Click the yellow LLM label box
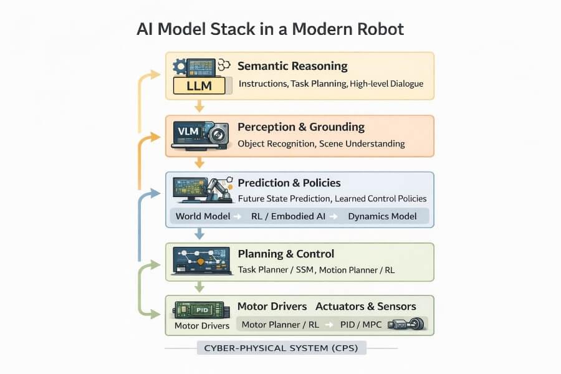(x=199, y=86)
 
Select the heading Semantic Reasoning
(x=292, y=66)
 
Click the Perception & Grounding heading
(x=301, y=127)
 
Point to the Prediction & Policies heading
(x=289, y=183)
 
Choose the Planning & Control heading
(x=286, y=254)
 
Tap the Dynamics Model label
(x=382, y=216)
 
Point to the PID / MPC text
(x=361, y=325)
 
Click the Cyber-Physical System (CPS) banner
(x=282, y=348)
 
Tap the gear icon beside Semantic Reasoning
(x=180, y=65)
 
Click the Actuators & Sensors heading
(x=366, y=306)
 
